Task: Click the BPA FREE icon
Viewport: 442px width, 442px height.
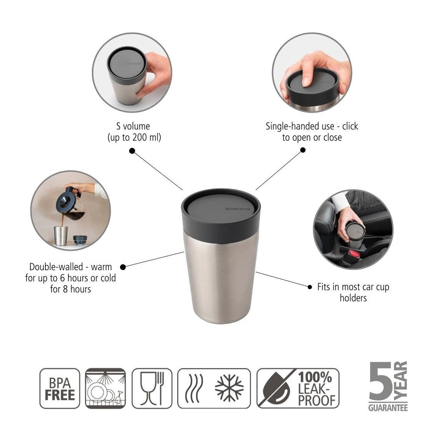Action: point(60,388)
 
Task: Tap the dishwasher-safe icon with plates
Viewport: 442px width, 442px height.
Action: point(105,388)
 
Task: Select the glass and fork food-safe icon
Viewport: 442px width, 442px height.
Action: point(152,388)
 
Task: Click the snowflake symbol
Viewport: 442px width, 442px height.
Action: point(229,389)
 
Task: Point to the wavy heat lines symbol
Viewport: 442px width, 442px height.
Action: point(194,389)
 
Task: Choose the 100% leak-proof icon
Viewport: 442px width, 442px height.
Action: point(298,388)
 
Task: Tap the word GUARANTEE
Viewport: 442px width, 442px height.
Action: point(387,408)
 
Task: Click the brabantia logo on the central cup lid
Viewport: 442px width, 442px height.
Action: point(237,208)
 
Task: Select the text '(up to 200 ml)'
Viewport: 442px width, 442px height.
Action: point(134,138)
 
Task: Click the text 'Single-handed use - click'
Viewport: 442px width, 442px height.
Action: point(312,126)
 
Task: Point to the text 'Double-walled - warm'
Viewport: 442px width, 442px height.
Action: point(70,267)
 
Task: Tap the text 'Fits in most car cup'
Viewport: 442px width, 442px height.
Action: point(353,287)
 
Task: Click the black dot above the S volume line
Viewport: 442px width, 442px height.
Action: point(132,151)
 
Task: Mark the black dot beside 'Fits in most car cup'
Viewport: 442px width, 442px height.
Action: point(310,287)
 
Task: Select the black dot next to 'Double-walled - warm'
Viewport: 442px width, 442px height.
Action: point(123,267)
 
